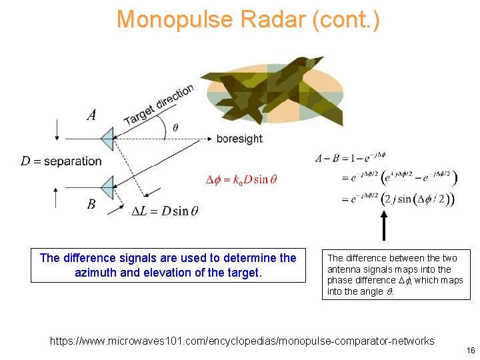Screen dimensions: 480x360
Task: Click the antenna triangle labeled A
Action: click(107, 139)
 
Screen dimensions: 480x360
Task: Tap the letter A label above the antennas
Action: click(92, 115)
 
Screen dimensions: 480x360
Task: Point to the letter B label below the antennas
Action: click(91, 205)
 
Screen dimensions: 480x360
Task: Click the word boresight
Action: click(239, 139)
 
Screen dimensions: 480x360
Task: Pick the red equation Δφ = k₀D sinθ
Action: click(241, 179)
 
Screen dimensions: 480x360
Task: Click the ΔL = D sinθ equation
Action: click(165, 211)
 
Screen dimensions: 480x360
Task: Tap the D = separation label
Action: click(61, 161)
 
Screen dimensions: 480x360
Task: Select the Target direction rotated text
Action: click(159, 105)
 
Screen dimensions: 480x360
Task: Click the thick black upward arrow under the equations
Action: click(384, 227)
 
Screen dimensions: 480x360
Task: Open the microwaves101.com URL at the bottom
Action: click(243, 341)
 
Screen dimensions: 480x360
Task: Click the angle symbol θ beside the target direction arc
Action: click(175, 127)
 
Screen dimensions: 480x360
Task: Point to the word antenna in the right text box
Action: click(343, 269)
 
